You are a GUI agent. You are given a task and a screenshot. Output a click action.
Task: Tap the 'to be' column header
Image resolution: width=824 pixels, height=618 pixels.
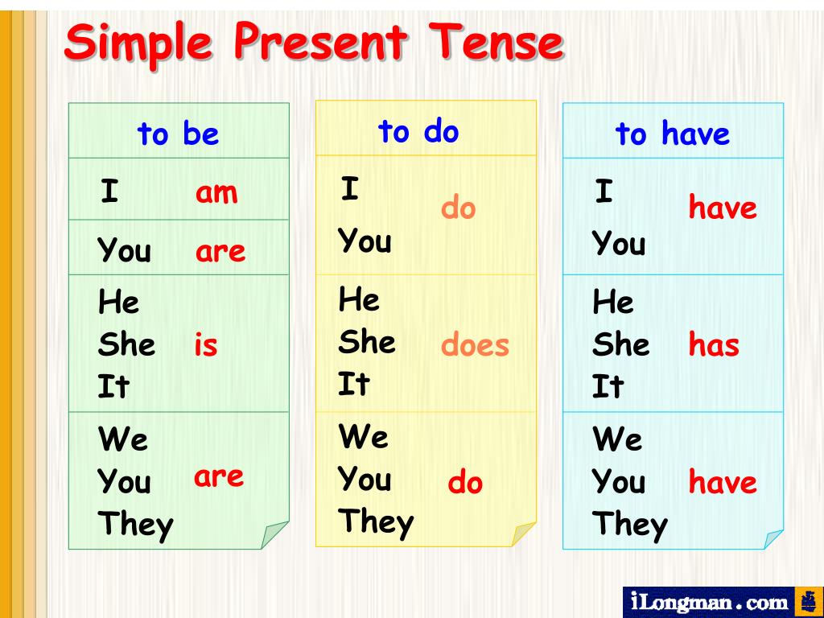pos(178,134)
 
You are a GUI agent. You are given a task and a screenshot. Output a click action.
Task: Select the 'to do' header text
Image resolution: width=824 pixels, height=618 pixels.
pos(418,130)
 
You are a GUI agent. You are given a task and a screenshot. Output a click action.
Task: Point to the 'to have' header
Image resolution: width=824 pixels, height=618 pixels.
pos(672,134)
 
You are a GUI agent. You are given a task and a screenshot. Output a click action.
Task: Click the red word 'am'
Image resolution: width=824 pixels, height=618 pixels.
pos(216,192)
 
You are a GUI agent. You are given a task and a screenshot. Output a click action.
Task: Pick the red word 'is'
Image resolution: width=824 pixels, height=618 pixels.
pos(206,345)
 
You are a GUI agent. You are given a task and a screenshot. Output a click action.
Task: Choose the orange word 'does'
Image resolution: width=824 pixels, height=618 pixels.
pos(475,345)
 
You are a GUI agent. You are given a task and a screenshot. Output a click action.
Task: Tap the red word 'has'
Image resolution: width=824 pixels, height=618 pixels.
pos(714,345)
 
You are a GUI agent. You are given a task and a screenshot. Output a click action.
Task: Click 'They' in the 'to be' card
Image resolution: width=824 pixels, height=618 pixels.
pos(135,525)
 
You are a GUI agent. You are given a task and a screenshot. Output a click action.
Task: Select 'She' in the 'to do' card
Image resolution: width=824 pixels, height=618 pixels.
pos(367,342)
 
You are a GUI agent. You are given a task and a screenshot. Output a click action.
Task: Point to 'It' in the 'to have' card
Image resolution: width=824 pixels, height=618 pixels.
pos(608,387)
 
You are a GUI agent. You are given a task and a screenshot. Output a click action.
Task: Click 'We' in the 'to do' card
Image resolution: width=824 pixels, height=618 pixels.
pos(364,437)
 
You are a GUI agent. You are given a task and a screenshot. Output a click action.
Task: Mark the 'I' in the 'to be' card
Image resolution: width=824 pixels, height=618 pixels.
pos(109,192)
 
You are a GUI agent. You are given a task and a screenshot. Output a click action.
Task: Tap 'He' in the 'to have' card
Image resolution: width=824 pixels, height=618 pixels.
pos(613,303)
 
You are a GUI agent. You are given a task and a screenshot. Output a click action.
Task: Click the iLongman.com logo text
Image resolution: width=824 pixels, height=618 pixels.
pos(709,602)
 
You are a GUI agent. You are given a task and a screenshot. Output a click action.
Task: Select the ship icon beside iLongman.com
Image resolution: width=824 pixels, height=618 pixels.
pos(808,601)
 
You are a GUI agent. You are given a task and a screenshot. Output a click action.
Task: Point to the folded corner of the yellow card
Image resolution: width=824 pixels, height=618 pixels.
pos(524,534)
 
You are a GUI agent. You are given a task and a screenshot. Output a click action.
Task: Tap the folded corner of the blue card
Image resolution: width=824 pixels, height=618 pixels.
pos(773,538)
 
